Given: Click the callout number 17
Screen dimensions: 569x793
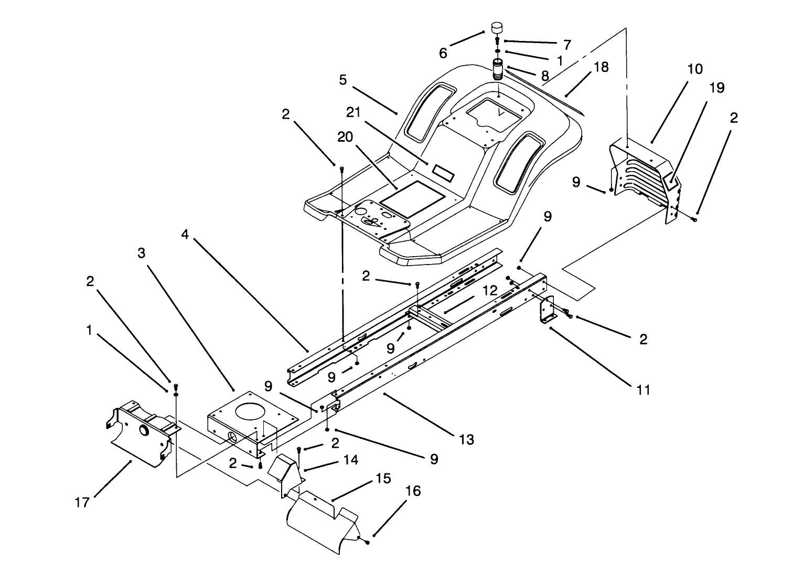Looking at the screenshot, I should pos(82,502).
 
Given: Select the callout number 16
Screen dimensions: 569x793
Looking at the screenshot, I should pos(413,491).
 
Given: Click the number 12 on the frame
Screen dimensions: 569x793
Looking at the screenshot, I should pos(489,291).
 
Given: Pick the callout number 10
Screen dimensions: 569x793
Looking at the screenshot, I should pos(695,69).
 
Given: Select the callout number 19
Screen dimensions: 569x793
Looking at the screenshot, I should pos(716,88).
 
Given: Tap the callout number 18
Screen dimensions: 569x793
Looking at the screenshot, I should pos(601,67).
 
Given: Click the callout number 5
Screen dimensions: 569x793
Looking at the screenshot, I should pos(343,80).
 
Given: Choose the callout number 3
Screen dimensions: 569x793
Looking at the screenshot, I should pos(141,253).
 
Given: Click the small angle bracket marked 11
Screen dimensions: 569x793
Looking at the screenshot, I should pos(546,311).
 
